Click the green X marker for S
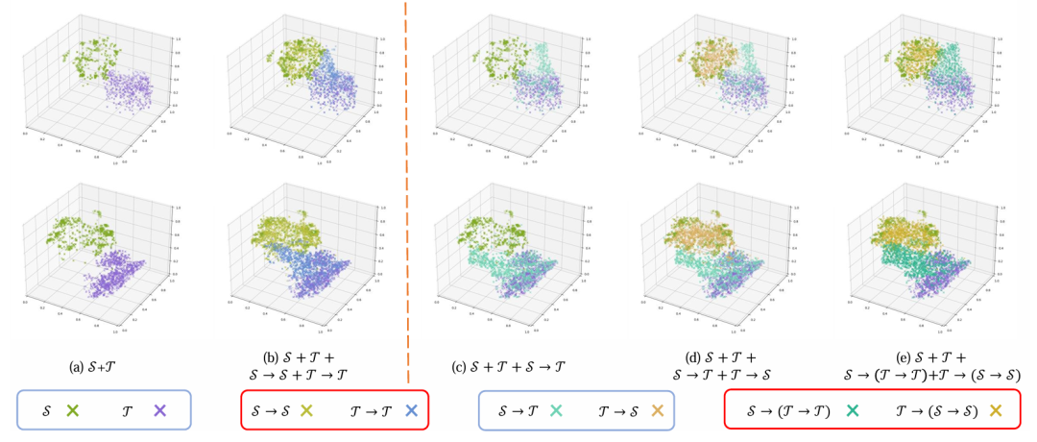(71, 411)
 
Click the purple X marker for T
(159, 411)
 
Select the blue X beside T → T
(411, 411)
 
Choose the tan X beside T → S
(658, 411)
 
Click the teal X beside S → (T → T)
(851, 411)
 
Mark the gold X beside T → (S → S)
(996, 411)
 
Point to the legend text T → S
(618, 411)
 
